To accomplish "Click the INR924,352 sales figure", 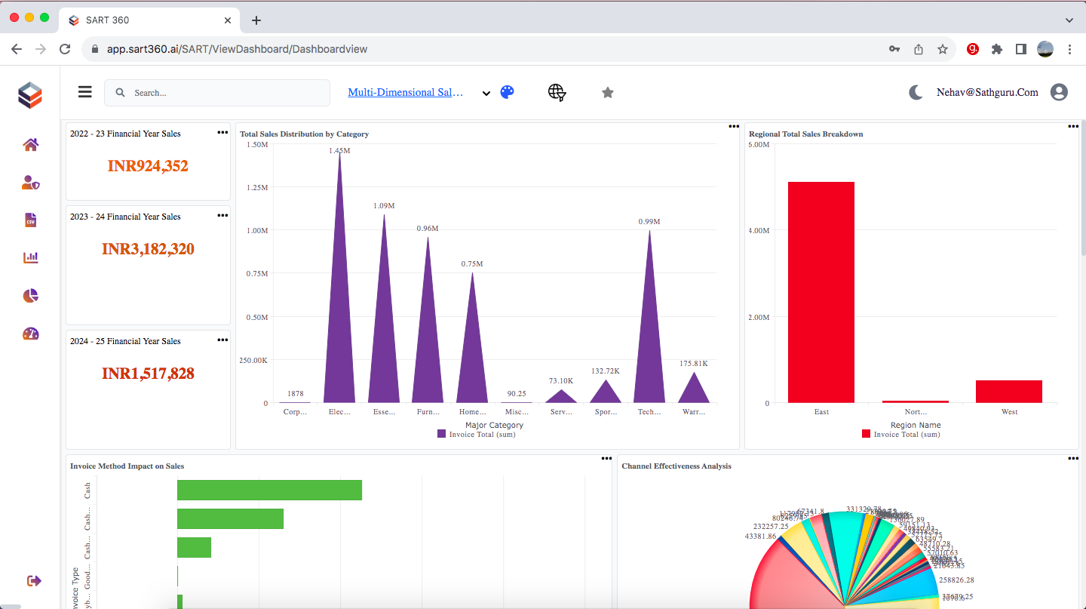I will (148, 166).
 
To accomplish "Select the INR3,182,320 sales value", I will (148, 249).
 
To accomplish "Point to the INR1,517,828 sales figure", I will (148, 374).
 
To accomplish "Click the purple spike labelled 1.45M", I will (339, 302).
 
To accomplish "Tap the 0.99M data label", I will (649, 222).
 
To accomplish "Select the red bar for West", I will (1009, 391).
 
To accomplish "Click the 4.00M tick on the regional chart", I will (758, 231).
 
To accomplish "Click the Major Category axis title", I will (494, 425).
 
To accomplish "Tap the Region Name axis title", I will (916, 425).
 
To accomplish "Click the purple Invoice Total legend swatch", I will (441, 434).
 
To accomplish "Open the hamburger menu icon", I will (85, 92).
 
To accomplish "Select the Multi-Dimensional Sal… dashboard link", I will (406, 92).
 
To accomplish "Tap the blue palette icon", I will (508, 92).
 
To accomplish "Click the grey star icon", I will (608, 93).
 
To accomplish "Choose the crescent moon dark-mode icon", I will (916, 92).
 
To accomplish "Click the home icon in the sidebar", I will (31, 145).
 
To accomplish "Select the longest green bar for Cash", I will (269, 490).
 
